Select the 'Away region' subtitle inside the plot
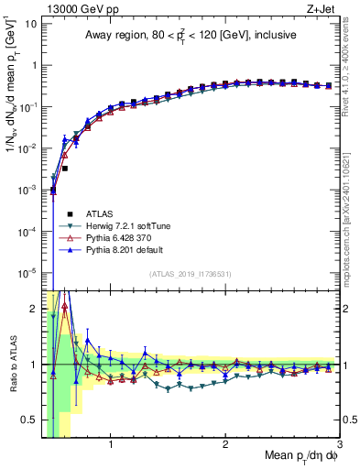click(190, 36)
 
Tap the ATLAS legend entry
click(98, 213)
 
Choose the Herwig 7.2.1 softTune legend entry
click(132, 224)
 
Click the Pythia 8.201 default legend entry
click(125, 248)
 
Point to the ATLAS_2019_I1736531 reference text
click(190, 274)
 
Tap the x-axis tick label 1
click(111, 447)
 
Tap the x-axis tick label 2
click(225, 447)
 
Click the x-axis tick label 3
click(339, 447)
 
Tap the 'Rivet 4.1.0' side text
click(352, 64)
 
